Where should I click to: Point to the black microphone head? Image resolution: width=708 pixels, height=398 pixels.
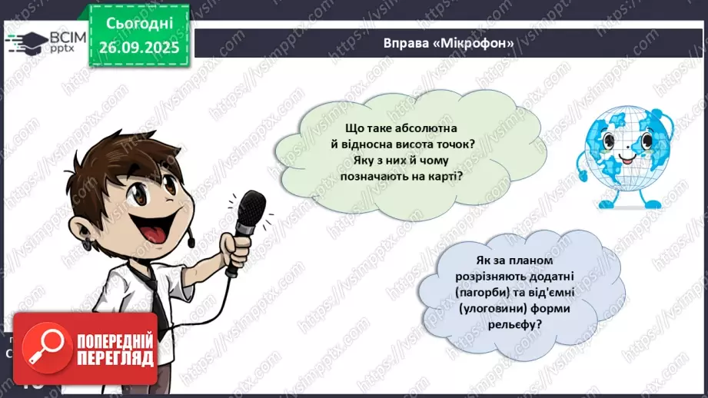(x=251, y=211)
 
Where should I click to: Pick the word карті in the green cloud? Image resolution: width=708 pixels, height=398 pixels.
(x=455, y=177)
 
